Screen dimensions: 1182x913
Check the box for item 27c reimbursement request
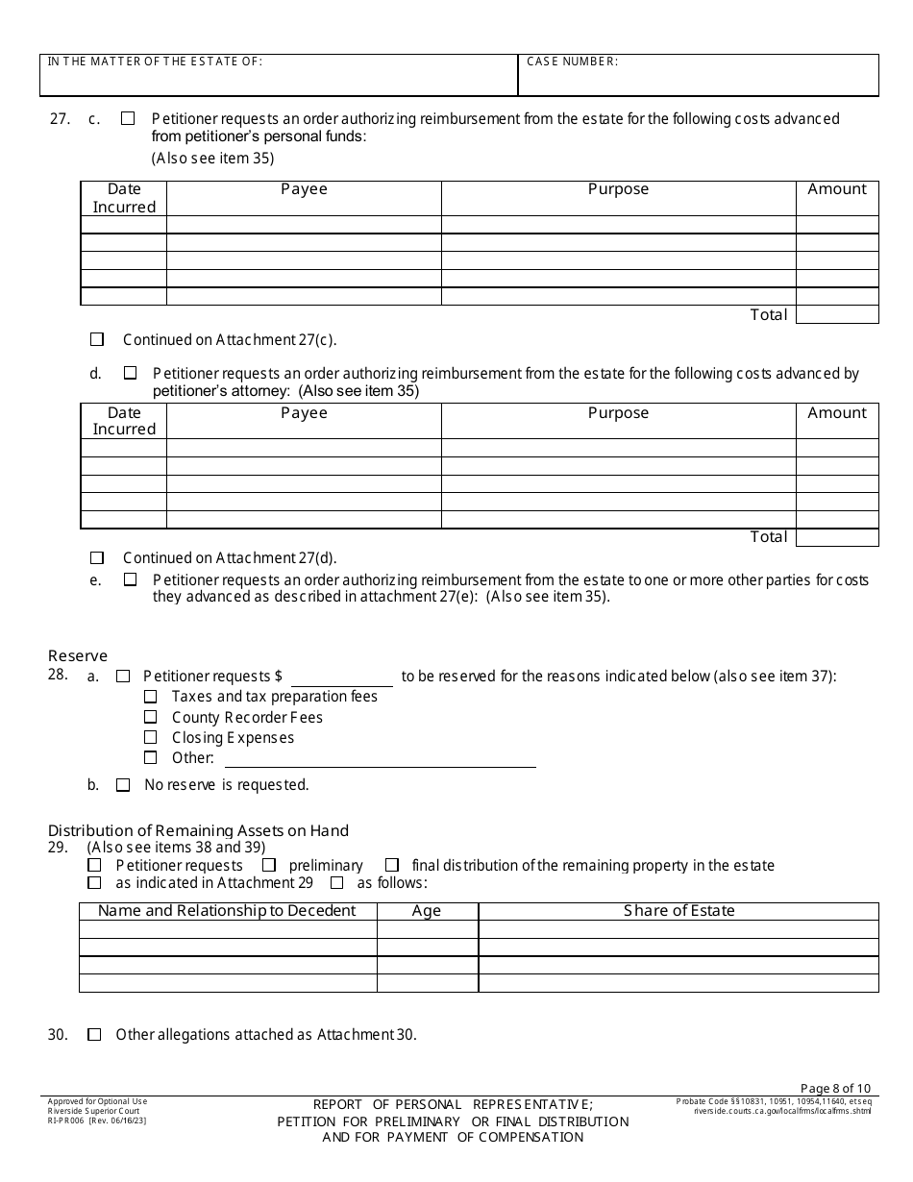tap(128, 119)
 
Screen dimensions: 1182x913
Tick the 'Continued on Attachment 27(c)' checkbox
tap(97, 339)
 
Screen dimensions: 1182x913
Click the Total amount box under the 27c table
tap(837, 314)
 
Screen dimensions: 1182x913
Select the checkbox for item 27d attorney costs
tap(130, 373)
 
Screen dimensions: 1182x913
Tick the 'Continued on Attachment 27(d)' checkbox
tap(97, 557)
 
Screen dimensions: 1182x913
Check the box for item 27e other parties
tap(130, 579)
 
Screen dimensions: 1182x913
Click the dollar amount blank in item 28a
tap(342, 677)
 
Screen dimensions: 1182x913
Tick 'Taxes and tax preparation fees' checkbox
tap(151, 696)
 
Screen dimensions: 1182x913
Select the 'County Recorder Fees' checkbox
tap(151, 717)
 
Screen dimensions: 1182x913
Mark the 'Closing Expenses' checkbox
tap(151, 737)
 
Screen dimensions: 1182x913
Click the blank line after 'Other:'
tap(380, 758)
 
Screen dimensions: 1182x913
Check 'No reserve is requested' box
tap(123, 785)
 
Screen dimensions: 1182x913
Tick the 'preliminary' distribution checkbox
tap(269, 865)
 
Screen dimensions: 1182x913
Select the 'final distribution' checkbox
tap(392, 865)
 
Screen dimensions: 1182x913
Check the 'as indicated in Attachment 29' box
tap(94, 882)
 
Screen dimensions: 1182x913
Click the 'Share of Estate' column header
tap(679, 911)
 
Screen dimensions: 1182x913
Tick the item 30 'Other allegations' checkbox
tap(94, 1035)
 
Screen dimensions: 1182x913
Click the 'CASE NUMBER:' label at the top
tap(572, 62)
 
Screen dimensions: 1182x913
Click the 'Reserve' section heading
tap(78, 656)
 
